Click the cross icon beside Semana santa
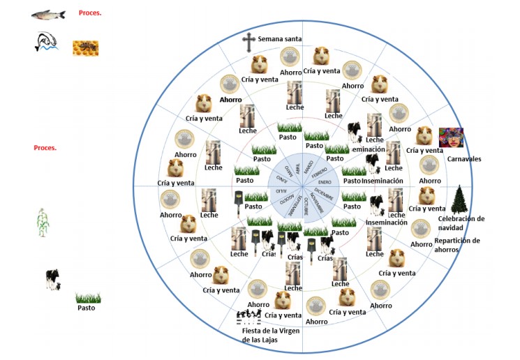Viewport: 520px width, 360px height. tap(248, 42)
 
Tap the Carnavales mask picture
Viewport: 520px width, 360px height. tap(450, 138)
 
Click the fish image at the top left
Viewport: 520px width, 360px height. tap(49, 14)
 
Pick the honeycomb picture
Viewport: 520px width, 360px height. tap(85, 47)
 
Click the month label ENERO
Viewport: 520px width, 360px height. tap(325, 179)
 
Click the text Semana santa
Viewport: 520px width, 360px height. tap(279, 39)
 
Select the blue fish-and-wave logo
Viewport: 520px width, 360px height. tap(45, 43)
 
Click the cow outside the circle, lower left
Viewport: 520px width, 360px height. tap(52, 279)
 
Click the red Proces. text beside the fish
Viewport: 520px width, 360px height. tap(90, 13)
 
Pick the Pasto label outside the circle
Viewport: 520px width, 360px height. tap(87, 308)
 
